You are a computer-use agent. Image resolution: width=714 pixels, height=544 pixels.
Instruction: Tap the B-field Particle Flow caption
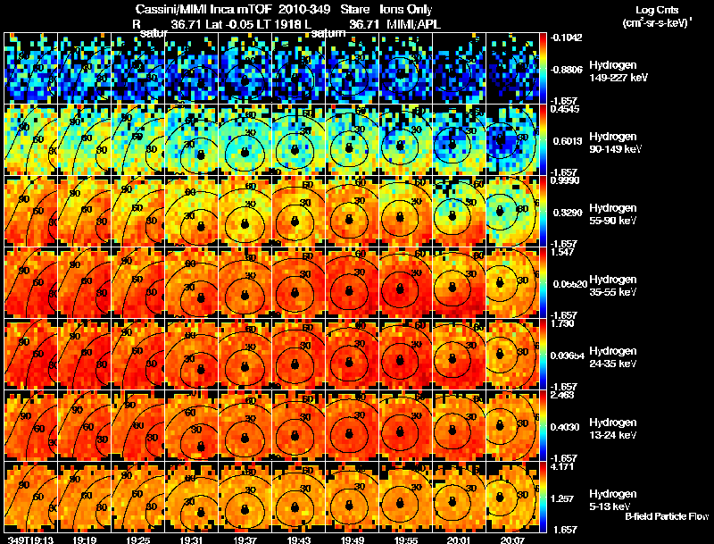[x=667, y=517]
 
